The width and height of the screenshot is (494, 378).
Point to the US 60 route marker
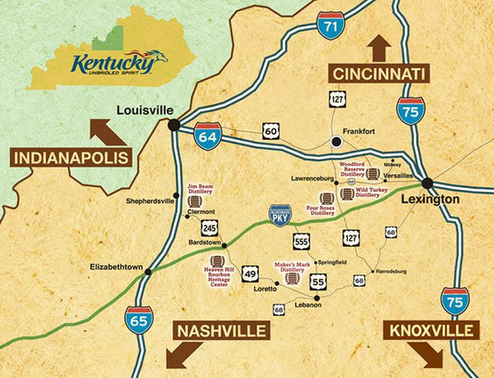click(x=271, y=132)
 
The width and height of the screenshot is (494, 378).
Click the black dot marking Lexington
click(x=428, y=184)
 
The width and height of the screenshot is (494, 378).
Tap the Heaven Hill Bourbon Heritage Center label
click(x=215, y=278)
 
